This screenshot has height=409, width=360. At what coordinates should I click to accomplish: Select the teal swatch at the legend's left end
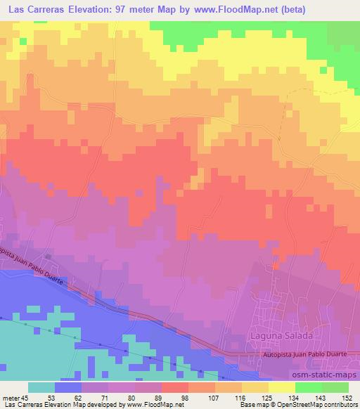click(41, 387)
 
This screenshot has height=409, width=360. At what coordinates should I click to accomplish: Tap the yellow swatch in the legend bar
click(282, 387)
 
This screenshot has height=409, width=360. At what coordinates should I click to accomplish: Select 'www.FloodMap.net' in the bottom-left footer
click(153, 404)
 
